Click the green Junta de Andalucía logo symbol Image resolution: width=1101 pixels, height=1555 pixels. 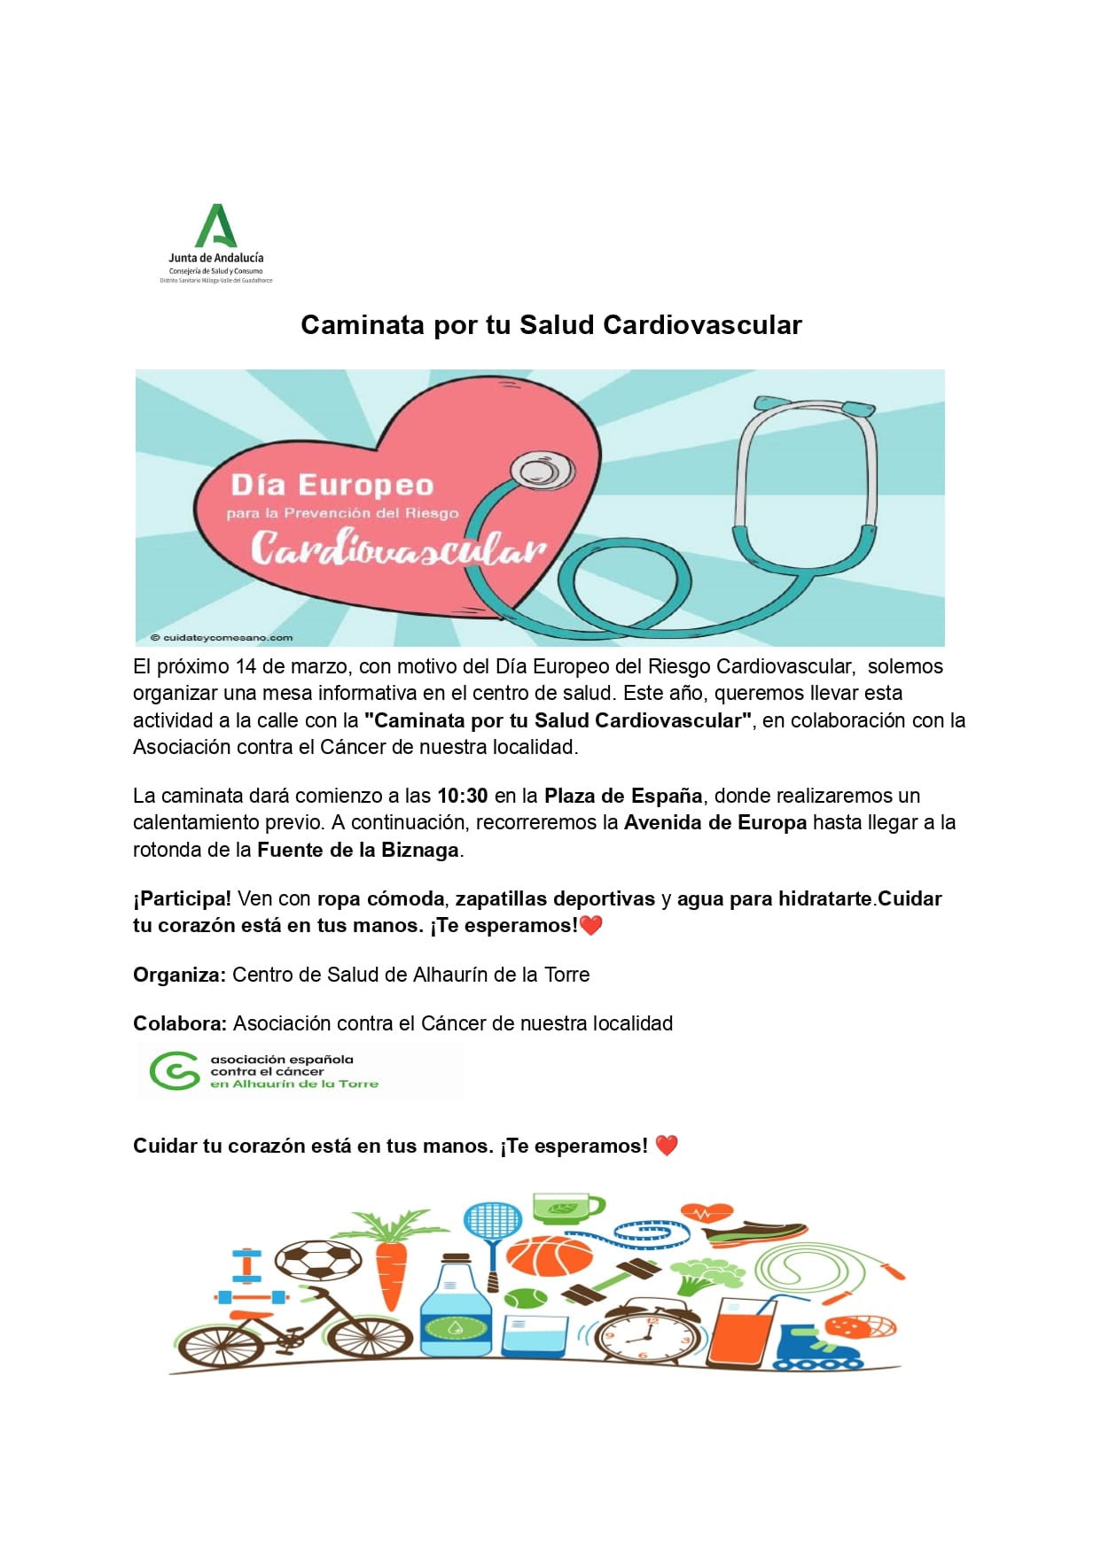point(215,227)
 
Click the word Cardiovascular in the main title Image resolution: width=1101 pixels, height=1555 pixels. point(702,325)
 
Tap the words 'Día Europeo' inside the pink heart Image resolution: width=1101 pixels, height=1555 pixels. point(332,485)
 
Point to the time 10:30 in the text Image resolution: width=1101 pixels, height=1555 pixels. point(462,796)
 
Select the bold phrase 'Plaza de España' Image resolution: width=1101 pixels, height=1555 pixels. point(623,796)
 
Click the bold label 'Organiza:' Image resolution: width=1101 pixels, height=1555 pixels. point(179,975)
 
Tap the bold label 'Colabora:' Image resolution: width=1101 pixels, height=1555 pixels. point(180,1023)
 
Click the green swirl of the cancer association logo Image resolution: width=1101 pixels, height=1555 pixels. point(175,1070)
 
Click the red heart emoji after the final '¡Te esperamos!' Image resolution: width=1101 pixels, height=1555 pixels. point(667,1146)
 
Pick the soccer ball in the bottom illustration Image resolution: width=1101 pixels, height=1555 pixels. point(317,1259)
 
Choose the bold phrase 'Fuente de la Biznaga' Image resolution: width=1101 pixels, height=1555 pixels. point(357,850)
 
